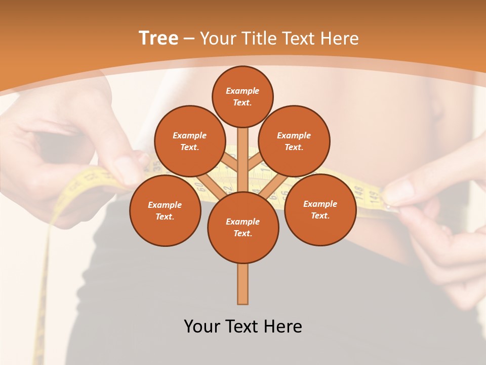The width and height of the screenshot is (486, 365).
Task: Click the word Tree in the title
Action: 158,39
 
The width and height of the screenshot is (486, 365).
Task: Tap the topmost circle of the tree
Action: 242,96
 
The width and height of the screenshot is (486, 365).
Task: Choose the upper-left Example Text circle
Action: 189,141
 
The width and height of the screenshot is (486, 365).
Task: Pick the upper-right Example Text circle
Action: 294,141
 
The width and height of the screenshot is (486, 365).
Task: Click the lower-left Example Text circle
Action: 165,210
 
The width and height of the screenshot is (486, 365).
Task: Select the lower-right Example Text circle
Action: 320,209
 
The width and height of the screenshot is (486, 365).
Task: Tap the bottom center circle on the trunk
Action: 243,228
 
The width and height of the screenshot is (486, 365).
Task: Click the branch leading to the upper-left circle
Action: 230,162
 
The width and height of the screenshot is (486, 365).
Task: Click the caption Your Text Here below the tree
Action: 243,326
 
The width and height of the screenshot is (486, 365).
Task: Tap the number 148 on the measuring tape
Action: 358,191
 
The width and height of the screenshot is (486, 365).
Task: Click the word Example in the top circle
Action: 242,91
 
